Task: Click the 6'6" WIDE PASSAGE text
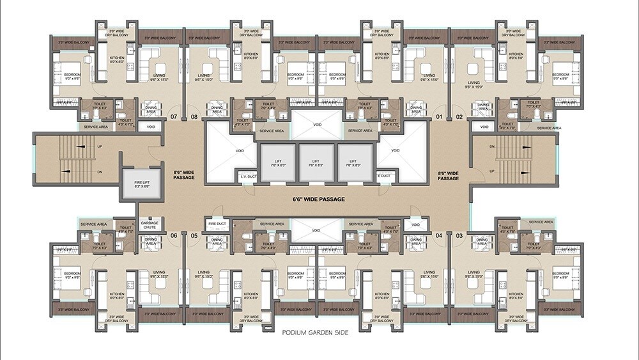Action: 319,200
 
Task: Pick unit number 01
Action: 438,117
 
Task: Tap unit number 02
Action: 459,117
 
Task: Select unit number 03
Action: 459,236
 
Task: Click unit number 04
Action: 438,236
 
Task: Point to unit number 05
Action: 194,236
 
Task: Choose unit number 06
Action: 173,236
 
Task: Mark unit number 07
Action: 173,117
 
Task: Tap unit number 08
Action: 194,117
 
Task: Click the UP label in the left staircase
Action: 100,146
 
